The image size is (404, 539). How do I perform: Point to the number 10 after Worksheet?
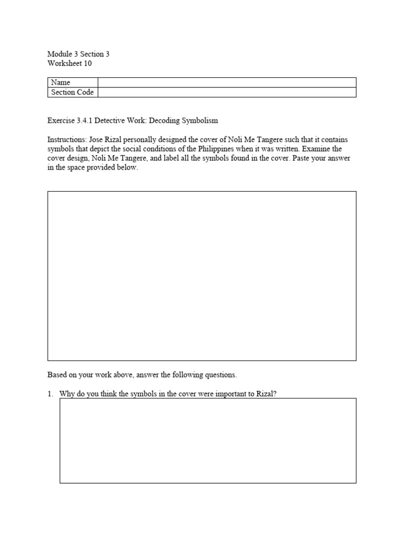[88, 63]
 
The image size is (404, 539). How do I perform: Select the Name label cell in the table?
[73, 83]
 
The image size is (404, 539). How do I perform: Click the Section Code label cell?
[73, 92]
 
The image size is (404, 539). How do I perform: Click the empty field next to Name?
[227, 83]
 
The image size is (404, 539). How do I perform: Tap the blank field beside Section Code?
[227, 92]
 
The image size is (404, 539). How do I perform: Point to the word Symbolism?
[200, 121]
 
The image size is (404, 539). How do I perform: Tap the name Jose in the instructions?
[99, 140]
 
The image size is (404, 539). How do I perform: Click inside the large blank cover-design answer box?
[202, 276]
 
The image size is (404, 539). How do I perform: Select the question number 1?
[50, 394]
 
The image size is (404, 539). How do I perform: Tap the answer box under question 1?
[208, 441]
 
